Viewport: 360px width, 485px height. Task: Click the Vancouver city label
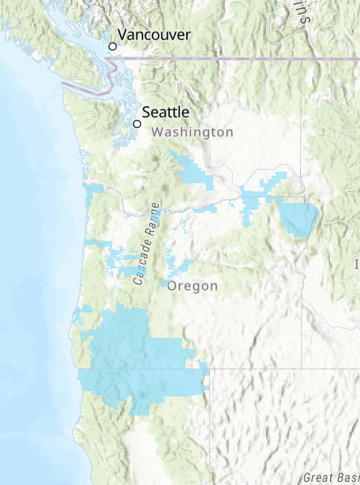point(154,35)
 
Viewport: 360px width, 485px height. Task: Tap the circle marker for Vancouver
point(113,46)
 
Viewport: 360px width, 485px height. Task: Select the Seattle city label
point(166,112)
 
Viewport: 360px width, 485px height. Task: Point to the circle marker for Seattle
point(137,124)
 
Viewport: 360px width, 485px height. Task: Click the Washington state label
point(193,132)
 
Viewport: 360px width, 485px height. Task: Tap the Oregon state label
point(193,286)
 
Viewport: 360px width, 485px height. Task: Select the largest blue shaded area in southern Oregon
point(136,361)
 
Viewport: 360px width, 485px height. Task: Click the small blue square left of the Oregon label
point(165,283)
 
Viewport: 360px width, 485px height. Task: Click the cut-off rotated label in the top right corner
point(303,12)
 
